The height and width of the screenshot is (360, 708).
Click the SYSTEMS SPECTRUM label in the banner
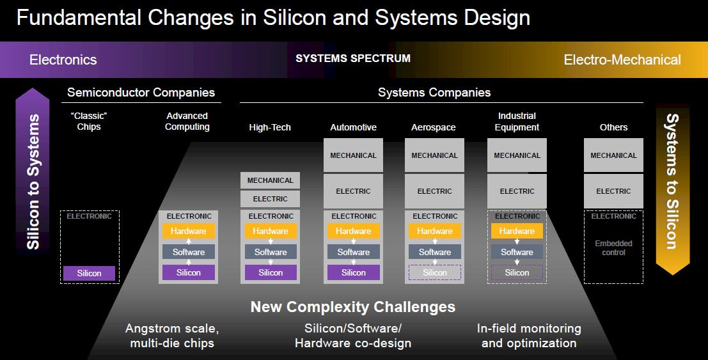(353, 58)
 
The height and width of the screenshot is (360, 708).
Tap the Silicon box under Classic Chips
(89, 273)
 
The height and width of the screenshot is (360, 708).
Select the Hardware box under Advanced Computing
(188, 231)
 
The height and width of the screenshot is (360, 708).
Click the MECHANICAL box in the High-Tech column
(270, 180)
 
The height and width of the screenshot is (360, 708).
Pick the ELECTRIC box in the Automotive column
(353, 191)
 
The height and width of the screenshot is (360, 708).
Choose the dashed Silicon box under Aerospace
(435, 272)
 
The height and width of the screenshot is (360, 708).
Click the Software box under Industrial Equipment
(517, 252)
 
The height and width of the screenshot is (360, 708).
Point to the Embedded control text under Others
(613, 248)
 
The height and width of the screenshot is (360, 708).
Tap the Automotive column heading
(353, 127)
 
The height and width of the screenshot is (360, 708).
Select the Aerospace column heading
(434, 127)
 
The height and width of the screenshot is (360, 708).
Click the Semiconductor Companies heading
(141, 93)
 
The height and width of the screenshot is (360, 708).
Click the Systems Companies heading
(434, 93)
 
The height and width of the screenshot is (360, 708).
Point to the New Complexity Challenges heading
(353, 307)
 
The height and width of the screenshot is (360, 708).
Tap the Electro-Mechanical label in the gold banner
(622, 59)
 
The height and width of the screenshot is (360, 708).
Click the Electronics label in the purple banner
(63, 59)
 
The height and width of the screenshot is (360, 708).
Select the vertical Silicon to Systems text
(33, 182)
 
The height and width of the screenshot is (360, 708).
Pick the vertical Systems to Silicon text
(672, 181)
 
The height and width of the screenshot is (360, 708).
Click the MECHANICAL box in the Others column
(613, 155)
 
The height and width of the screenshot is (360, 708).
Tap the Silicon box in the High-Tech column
(271, 272)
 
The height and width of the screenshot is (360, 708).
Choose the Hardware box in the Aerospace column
(435, 231)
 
